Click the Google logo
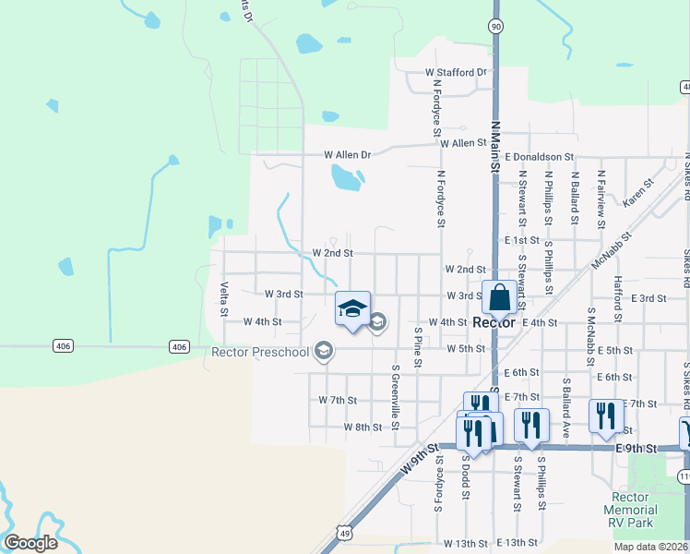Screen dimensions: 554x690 click(x=30, y=543)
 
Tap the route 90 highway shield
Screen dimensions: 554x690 click(x=496, y=27)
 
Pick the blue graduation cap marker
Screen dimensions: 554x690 click(x=352, y=310)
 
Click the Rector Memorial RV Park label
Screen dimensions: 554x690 click(x=630, y=510)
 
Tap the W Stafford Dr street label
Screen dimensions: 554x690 click(x=455, y=72)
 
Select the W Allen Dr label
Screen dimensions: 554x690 click(x=346, y=155)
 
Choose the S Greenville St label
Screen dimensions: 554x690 click(x=395, y=394)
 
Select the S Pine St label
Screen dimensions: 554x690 click(x=418, y=346)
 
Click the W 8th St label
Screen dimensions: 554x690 click(x=363, y=428)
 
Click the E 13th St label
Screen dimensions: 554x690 click(x=516, y=543)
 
